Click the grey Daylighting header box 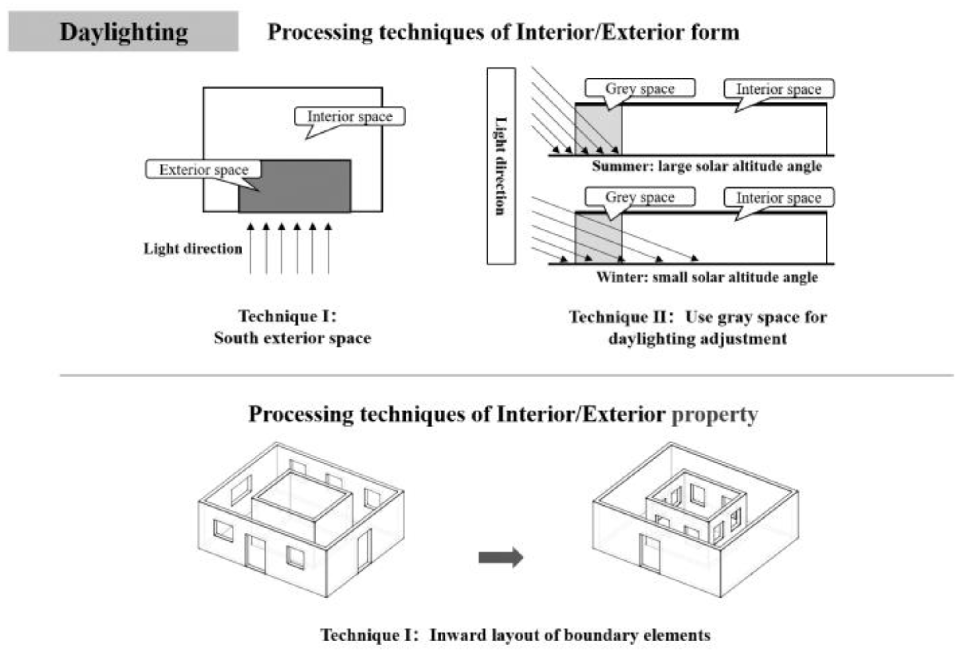(x=123, y=31)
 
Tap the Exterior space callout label (x=203, y=169)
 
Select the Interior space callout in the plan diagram (x=350, y=117)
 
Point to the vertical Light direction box (x=501, y=166)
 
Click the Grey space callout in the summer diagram (x=640, y=88)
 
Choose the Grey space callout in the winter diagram (x=640, y=197)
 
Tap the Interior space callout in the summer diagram (x=778, y=89)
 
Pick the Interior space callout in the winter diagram (x=778, y=197)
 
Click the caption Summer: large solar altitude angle (x=707, y=166)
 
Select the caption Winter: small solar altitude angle (x=707, y=277)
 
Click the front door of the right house (x=649, y=554)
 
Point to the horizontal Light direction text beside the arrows (x=193, y=248)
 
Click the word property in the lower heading (x=714, y=414)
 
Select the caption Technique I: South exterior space (x=292, y=327)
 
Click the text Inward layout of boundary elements (x=570, y=635)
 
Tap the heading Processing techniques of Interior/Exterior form (x=503, y=32)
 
